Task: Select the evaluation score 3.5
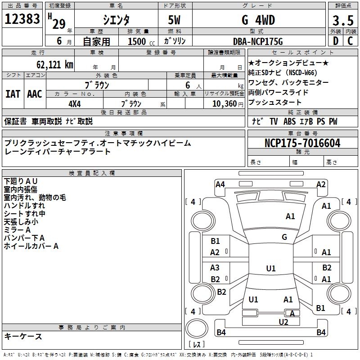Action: pos(342,20)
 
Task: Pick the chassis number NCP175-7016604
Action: pos(302,144)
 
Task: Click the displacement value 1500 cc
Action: pos(138,42)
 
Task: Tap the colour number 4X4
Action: pos(74,103)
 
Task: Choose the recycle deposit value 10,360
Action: pos(223,103)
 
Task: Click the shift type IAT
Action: pos(13,94)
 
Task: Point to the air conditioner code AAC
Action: pos(34,94)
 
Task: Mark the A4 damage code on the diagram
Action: pos(220,184)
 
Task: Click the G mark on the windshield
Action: pos(284,237)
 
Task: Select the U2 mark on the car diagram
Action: pos(283,322)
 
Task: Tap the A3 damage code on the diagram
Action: pos(215,267)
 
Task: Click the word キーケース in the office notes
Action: pos(23,337)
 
